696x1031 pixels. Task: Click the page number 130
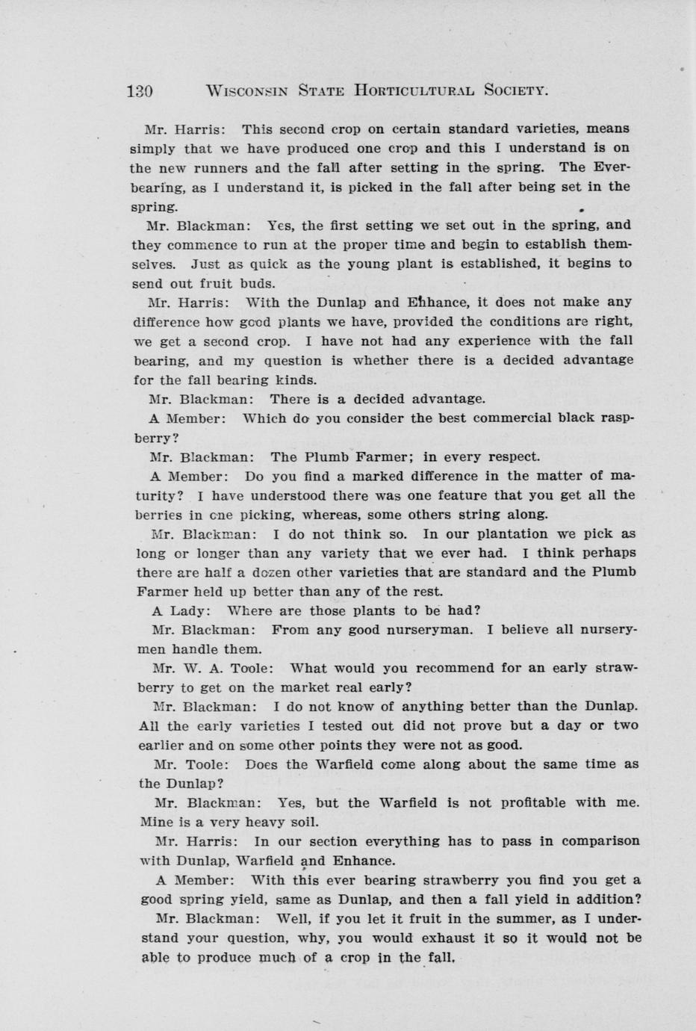[140, 91]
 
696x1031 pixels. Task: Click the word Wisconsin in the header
[243, 91]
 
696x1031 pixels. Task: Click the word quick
[274, 264]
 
